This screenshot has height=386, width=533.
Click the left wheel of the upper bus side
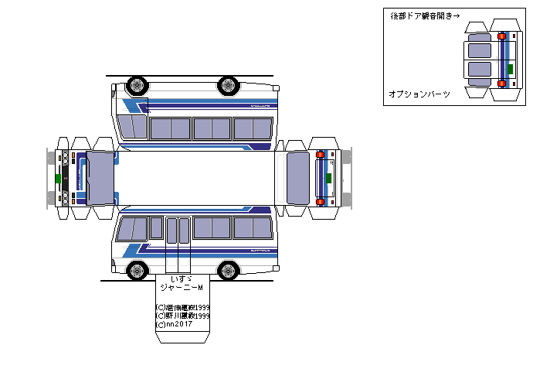pos(137,84)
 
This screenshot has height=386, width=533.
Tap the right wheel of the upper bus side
pos(228,84)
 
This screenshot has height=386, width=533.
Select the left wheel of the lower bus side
pos(137,270)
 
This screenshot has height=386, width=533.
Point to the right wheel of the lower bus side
pos(228,270)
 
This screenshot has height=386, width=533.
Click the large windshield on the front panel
pos(100,177)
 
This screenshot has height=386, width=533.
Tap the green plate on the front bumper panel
pos(58,178)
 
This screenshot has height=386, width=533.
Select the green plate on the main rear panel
pos(330,178)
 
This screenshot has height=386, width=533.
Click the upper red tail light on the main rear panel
pos(320,155)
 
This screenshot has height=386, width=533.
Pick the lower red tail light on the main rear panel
pos(320,201)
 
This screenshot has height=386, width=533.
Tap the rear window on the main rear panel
pos(297,178)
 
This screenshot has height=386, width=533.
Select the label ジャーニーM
pos(181,288)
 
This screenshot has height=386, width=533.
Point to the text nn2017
pos(177,325)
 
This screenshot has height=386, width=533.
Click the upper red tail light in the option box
pos(502,36)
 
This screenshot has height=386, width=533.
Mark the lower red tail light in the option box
pos(502,83)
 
